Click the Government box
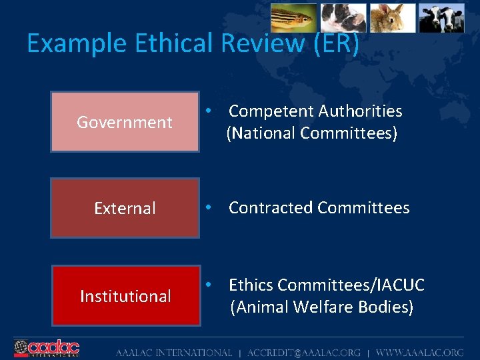point(125,122)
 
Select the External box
point(125,208)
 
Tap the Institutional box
point(125,296)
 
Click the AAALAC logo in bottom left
point(47,348)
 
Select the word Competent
point(271,111)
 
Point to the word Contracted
point(271,208)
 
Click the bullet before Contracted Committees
point(209,208)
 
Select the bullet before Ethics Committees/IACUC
point(209,285)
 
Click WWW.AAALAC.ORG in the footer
point(419,352)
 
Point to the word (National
point(261,133)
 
